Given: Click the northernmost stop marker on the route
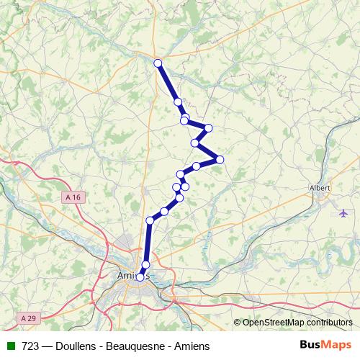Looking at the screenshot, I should [158, 63].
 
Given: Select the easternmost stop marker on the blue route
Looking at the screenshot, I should [220, 159].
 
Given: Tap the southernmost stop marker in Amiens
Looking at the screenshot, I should [140, 277].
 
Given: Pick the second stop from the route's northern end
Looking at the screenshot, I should [178, 102].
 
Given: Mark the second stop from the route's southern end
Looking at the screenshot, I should [145, 265].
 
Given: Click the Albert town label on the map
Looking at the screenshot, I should [319, 187].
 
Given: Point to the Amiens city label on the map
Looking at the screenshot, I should [130, 276].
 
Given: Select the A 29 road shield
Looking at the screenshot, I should [28, 318].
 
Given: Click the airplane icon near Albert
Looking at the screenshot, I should [341, 212].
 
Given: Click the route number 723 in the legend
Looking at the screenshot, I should [30, 345].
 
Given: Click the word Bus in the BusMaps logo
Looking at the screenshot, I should [311, 345].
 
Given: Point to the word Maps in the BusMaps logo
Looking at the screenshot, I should [337, 345].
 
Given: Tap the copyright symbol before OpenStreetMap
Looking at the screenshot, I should [237, 323].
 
